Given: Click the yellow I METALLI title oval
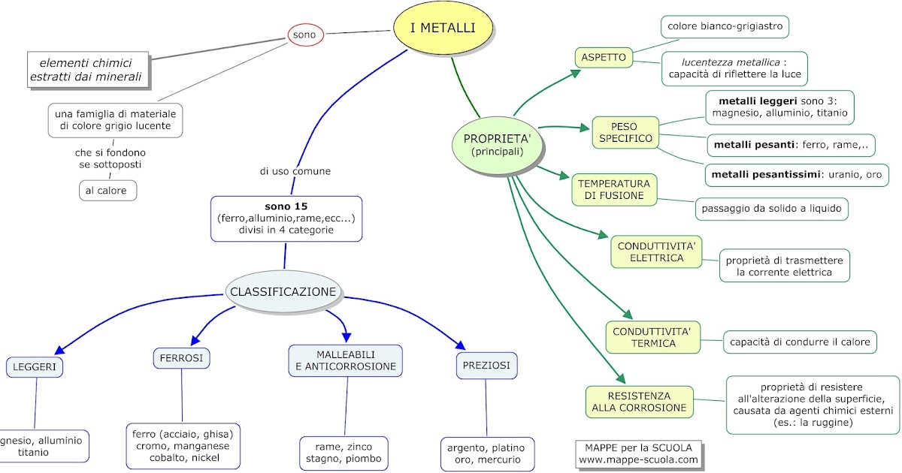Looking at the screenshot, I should [x=443, y=29].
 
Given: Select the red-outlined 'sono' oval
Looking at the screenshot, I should [x=304, y=35].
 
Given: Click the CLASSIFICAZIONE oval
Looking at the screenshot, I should [x=283, y=291].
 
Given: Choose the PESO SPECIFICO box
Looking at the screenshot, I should [x=625, y=132].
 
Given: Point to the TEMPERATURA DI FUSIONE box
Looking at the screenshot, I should [x=614, y=190].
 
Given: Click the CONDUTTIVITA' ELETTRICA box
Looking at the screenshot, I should [x=655, y=252].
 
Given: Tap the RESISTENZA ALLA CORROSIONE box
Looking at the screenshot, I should [x=639, y=402].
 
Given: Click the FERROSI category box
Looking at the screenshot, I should [x=181, y=358].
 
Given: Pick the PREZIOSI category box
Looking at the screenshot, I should [x=486, y=365].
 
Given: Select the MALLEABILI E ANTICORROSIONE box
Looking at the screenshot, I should [x=346, y=360].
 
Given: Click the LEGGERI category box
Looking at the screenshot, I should [x=35, y=367].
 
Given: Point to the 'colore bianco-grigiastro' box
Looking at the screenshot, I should [x=725, y=27].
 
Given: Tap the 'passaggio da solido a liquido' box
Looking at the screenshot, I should [x=772, y=208].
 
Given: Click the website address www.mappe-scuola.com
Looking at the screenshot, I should [x=638, y=459].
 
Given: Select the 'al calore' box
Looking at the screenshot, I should [x=108, y=191].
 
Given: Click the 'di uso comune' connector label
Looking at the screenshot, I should [x=295, y=171].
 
